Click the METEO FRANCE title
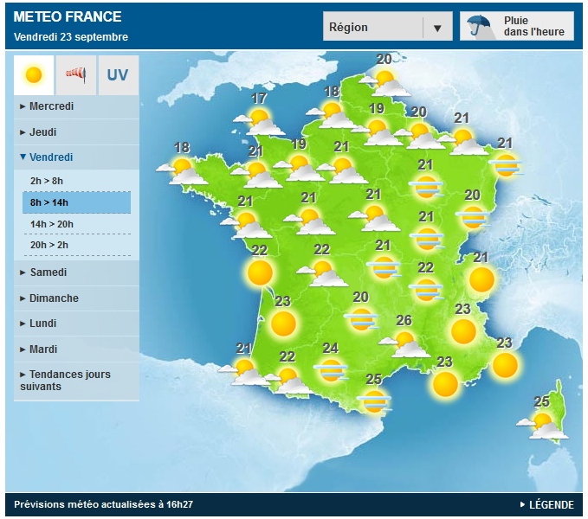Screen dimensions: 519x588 coord(68,16)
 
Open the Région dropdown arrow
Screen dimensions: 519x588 coord(437,28)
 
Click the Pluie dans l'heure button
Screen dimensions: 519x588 coord(517,27)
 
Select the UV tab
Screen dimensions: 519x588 coord(118,75)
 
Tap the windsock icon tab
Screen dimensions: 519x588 coord(76,75)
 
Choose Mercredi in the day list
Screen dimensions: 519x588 coord(51,106)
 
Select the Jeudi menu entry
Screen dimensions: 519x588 coord(43,132)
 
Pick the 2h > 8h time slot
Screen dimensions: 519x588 coord(47,181)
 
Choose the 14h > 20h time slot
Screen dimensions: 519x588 coord(51,224)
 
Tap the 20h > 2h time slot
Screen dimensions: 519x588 coord(48,245)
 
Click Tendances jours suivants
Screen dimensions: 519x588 coord(69,381)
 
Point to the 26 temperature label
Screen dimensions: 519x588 coord(404,321)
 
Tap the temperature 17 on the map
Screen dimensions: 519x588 coord(259,99)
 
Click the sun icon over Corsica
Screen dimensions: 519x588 coord(543,422)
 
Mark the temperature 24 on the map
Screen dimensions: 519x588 coord(330,349)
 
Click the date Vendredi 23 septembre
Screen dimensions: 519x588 coord(71,37)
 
